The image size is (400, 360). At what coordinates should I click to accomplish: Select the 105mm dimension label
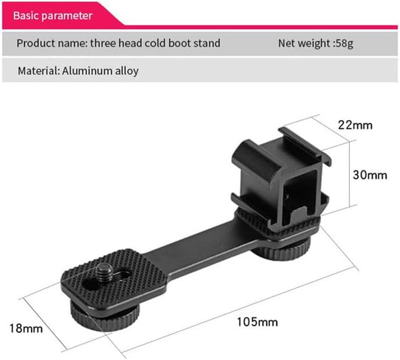click(x=257, y=322)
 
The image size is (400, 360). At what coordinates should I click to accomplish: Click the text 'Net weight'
click(x=302, y=43)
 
